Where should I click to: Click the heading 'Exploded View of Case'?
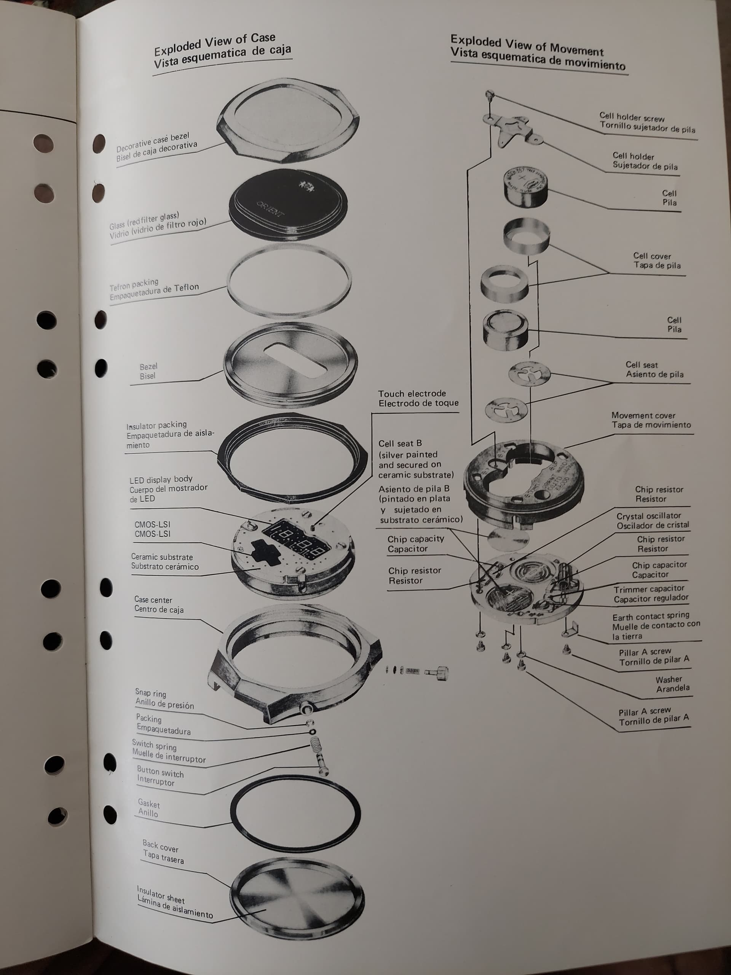[x=215, y=44]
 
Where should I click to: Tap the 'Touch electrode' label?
[x=412, y=393]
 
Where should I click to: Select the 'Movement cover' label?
[x=643, y=415]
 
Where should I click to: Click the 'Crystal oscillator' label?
[x=649, y=516]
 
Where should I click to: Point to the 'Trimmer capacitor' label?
[x=649, y=589]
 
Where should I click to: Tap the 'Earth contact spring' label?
[x=650, y=617]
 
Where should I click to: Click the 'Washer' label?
[x=669, y=680]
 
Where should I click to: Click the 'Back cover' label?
[x=160, y=846]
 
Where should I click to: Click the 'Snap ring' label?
[x=150, y=693]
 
